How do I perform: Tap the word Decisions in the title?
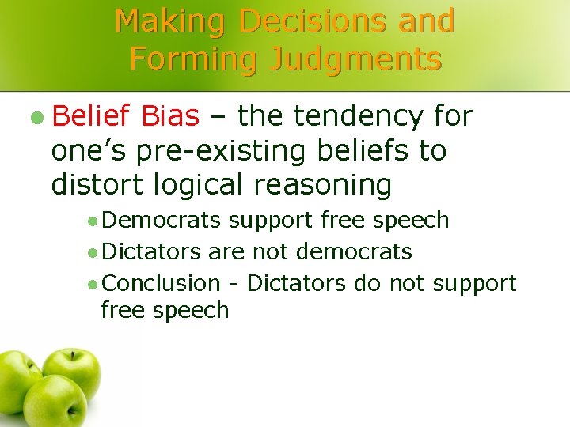point(315,21)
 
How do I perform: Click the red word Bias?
point(170,117)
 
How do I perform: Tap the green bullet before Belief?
point(37,118)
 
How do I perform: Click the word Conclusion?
point(161,283)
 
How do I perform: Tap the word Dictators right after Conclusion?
point(296,283)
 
